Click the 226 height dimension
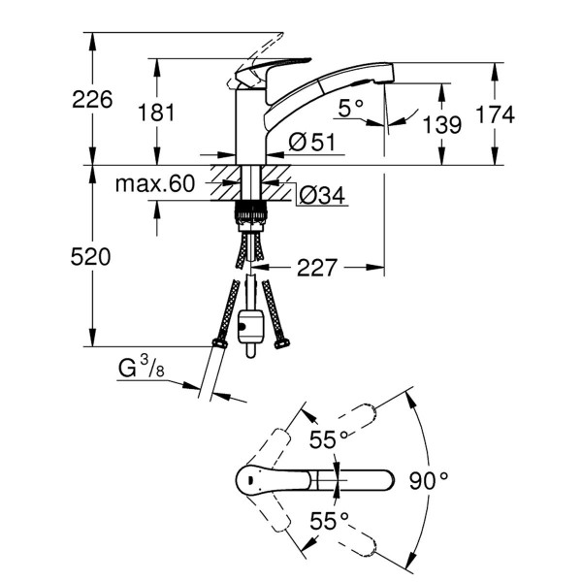93,100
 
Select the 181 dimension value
156,113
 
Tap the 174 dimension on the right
496,114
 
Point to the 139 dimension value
441,124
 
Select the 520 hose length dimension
93,257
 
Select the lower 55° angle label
329,521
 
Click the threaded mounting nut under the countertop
252,210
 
